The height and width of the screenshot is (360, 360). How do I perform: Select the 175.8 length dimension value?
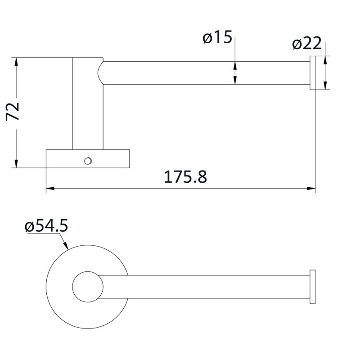pyautogui.click(x=185, y=177)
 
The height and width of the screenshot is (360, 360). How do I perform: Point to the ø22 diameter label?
pyautogui.click(x=306, y=44)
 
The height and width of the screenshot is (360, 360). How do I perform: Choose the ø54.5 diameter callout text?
pyautogui.click(x=46, y=226)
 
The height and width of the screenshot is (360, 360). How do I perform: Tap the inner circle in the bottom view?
pyautogui.click(x=86, y=287)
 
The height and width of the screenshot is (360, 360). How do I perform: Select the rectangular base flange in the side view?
pyautogui.click(x=88, y=158)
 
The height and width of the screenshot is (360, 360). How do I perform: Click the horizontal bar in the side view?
pyautogui.click(x=202, y=72)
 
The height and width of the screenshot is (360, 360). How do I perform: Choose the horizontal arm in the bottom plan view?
pyautogui.click(x=202, y=287)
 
